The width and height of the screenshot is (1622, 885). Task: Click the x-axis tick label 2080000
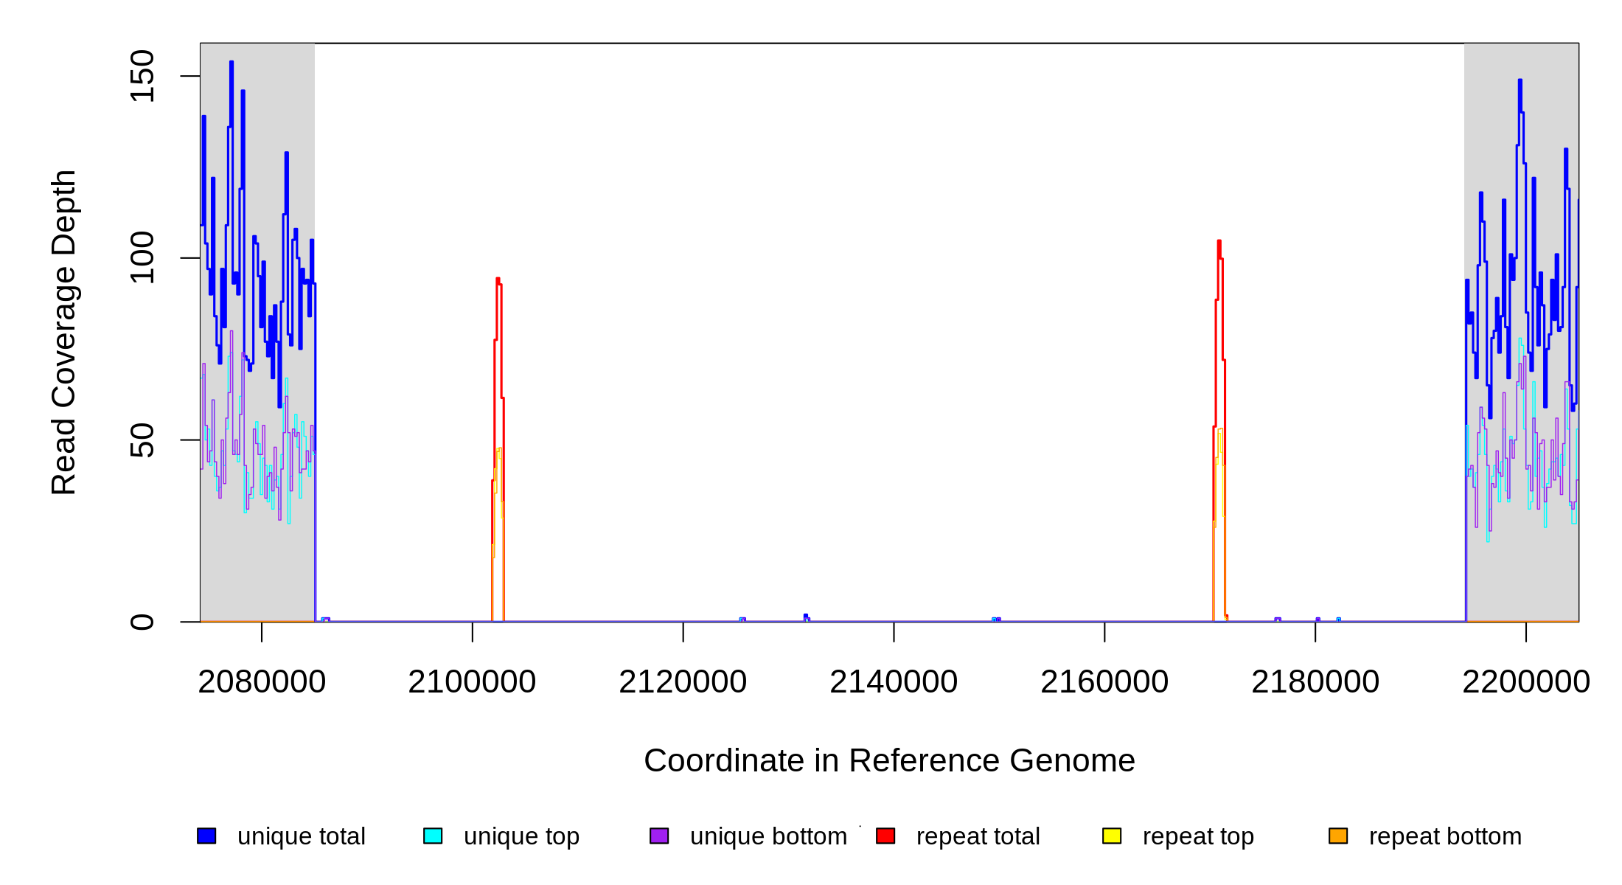tap(262, 682)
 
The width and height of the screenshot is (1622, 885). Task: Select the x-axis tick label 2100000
tap(472, 682)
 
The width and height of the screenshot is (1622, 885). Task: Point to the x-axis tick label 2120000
tap(683, 682)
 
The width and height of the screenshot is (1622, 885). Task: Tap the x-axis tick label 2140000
tap(894, 682)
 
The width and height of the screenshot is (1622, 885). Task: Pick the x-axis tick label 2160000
tap(1104, 682)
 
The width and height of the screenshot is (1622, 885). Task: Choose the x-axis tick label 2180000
tap(1315, 682)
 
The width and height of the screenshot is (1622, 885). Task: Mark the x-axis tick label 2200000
tap(1526, 682)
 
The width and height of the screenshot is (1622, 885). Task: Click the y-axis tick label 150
tap(142, 76)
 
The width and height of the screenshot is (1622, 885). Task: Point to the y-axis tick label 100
tap(142, 257)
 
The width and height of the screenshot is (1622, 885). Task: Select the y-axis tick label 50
tap(142, 440)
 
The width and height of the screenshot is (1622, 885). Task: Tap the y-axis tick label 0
tap(142, 622)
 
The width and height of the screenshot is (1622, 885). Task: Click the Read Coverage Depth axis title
tap(64, 332)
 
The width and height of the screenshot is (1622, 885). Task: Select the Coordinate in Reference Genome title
tap(889, 760)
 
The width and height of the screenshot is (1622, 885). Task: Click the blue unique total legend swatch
tap(206, 836)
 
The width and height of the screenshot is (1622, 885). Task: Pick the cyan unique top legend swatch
tap(433, 836)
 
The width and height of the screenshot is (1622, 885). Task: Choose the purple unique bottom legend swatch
tap(659, 836)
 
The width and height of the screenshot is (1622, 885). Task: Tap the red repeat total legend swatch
tap(885, 836)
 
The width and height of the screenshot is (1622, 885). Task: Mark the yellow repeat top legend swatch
tap(1112, 836)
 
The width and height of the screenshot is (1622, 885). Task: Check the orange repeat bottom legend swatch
tap(1338, 836)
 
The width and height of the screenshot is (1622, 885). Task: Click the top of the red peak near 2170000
tap(1219, 241)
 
